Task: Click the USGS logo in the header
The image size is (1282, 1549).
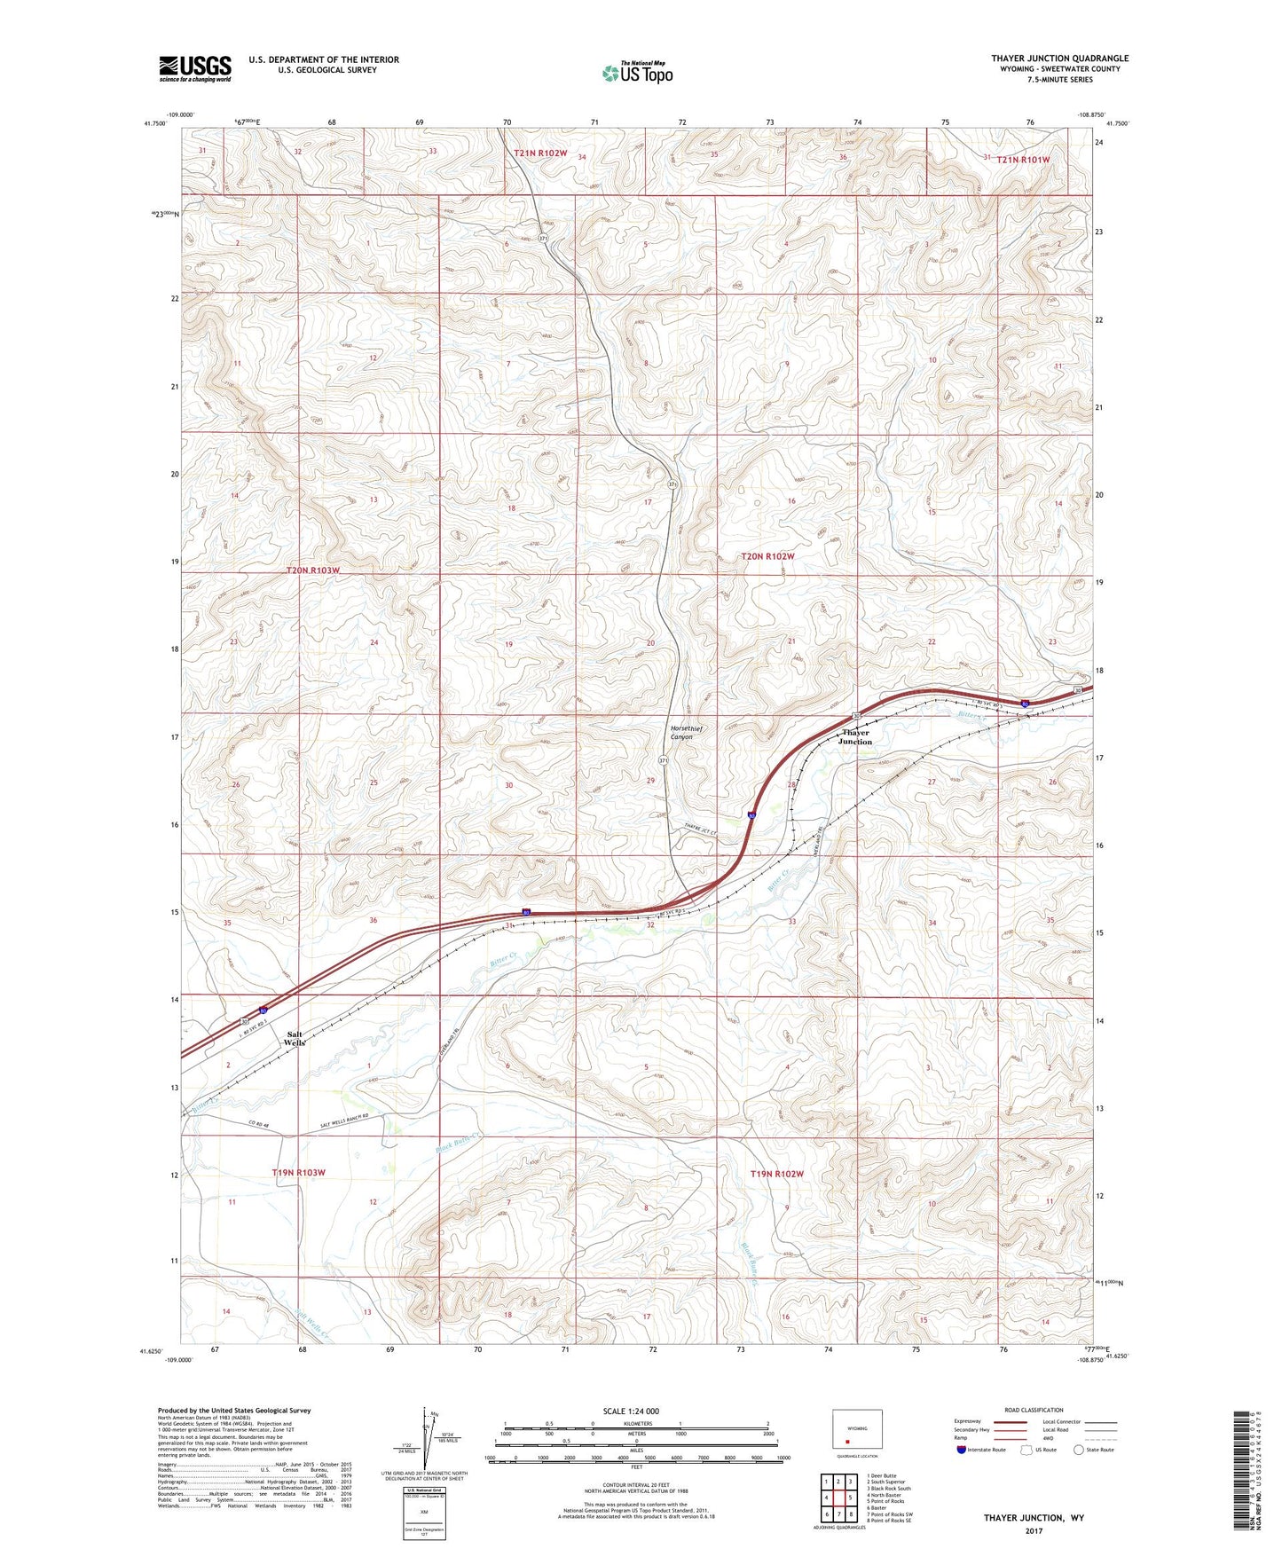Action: pos(195,68)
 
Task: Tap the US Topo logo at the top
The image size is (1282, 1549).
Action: pos(637,73)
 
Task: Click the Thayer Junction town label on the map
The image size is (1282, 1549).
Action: pos(855,737)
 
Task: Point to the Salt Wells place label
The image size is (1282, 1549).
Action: pos(295,1039)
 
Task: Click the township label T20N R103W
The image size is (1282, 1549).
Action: pos(313,570)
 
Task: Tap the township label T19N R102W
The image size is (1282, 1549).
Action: pos(776,1174)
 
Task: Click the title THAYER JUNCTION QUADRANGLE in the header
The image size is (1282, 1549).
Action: pos(1059,59)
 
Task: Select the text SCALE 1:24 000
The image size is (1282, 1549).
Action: pos(631,1411)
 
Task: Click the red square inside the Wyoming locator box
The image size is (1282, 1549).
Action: pos(847,1442)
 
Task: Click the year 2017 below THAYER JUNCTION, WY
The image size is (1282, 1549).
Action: pos(1034,1531)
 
